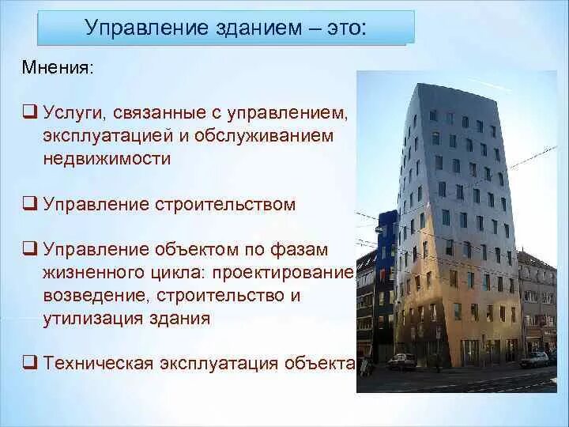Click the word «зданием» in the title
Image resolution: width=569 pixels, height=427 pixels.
[258, 28]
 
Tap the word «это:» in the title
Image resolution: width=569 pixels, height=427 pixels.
[346, 28]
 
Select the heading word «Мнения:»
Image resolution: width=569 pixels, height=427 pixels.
[58, 67]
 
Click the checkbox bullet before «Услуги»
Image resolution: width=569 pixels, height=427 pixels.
[30, 111]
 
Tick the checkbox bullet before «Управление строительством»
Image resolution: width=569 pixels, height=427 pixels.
[30, 203]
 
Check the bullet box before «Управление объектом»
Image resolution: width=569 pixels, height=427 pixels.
[30, 249]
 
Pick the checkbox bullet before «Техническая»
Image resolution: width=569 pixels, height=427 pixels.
[30, 362]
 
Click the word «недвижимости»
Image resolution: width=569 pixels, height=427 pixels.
[107, 158]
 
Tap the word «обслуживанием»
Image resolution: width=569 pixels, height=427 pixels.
[264, 136]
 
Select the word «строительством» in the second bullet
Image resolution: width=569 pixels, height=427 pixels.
[225, 205]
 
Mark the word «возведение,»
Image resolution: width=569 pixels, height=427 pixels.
[97, 296]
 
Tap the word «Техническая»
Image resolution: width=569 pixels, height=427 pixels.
[98, 364]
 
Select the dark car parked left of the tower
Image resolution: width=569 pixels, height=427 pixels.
[401, 362]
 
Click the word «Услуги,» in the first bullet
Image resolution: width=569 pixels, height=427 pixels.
[74, 113]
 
